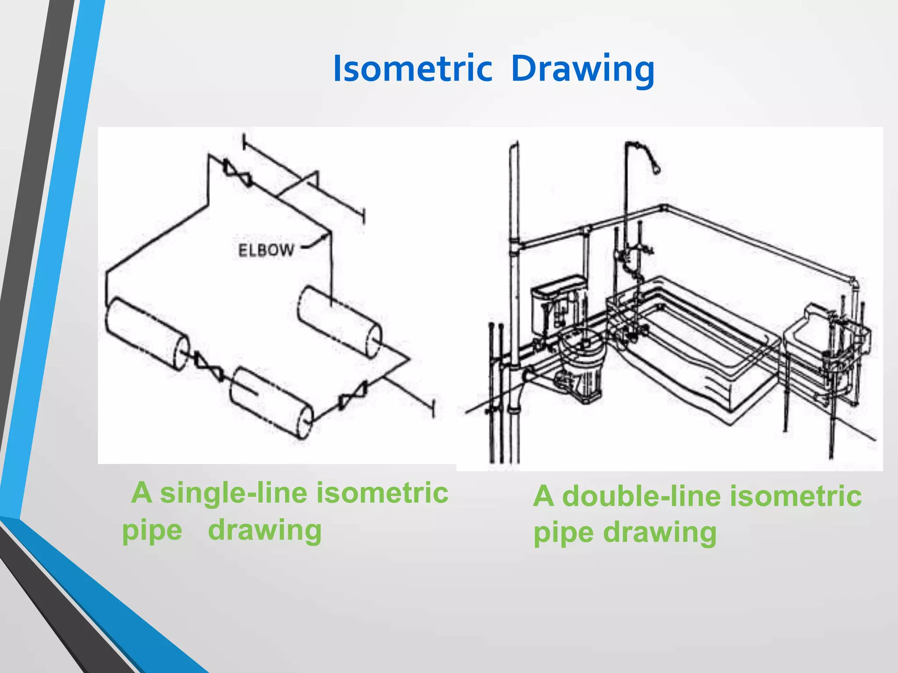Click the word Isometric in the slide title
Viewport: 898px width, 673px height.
point(412,69)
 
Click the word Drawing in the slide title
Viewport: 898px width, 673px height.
point(583,69)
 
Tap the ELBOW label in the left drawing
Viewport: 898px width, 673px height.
point(266,250)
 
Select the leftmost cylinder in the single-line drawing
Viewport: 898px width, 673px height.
point(146,333)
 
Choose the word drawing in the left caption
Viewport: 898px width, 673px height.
point(265,530)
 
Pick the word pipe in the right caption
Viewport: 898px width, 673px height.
point(563,533)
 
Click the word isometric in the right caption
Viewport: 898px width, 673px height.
point(796,496)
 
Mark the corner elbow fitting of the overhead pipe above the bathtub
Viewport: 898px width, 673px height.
point(663,207)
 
